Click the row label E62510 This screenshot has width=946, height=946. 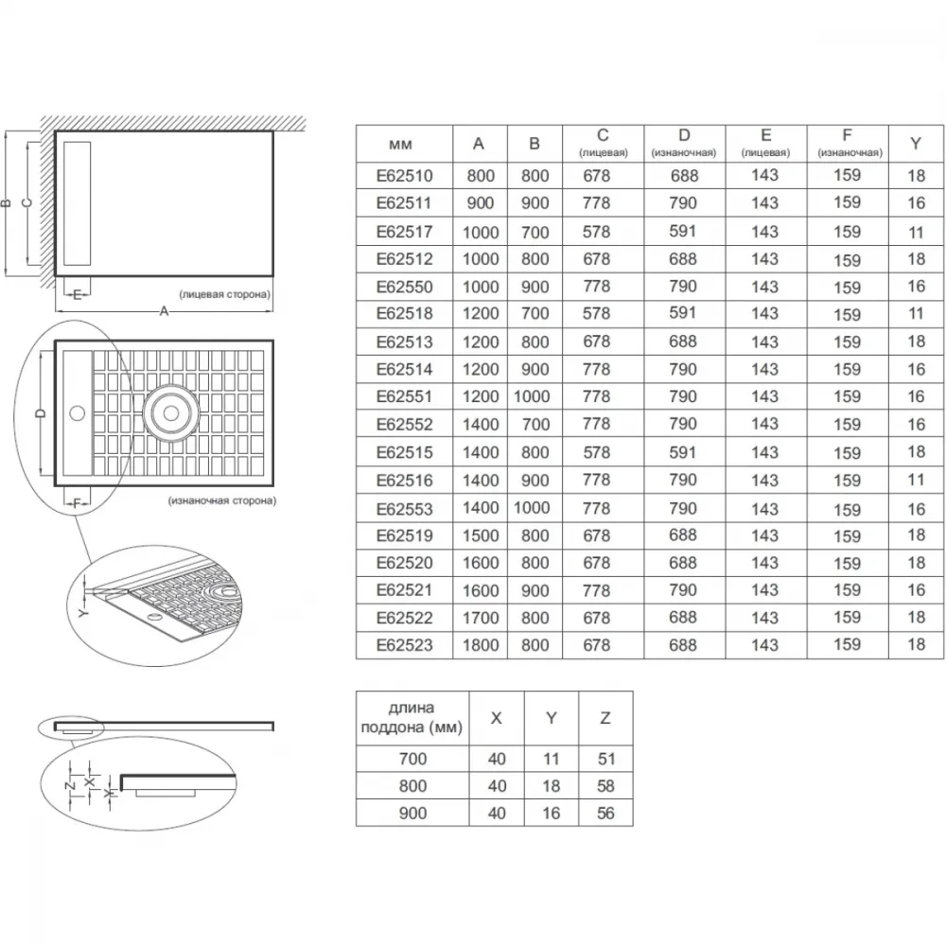point(404,176)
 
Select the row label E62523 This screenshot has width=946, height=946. point(404,645)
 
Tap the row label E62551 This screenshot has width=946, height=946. point(404,396)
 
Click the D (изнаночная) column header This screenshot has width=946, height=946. point(684,143)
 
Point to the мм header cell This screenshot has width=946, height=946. point(400,144)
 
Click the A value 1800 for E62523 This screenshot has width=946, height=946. point(481,645)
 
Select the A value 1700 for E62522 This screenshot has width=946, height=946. point(481,618)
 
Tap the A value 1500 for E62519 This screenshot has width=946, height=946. point(481,535)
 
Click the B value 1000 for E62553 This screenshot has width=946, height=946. point(532,507)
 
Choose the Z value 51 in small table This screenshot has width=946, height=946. point(605,759)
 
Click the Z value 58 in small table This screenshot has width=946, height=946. point(605,785)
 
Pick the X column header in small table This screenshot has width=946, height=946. point(496,718)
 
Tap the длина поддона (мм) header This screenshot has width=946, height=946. point(412,717)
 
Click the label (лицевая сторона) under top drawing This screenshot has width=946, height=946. point(224,294)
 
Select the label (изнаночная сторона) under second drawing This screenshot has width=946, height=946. point(222,500)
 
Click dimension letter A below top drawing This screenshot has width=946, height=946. point(164,311)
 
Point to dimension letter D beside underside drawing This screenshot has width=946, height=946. point(41,413)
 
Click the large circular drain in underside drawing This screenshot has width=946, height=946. point(170,413)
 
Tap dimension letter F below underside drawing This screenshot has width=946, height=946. point(77,503)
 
